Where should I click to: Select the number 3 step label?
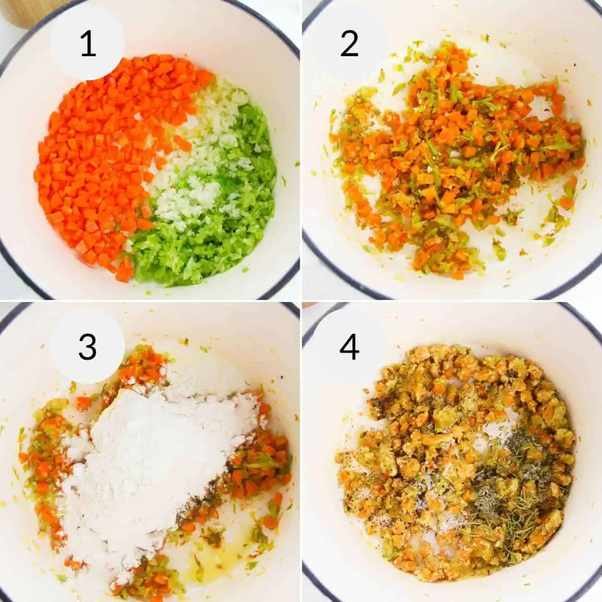87,346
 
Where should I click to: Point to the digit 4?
349,346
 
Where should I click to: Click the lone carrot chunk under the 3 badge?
83,402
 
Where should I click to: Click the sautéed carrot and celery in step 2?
452,161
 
